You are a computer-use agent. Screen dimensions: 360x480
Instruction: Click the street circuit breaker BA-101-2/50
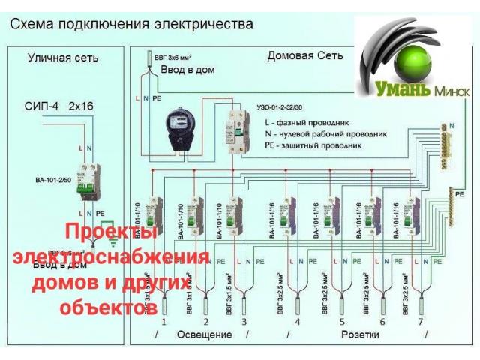point(84,180)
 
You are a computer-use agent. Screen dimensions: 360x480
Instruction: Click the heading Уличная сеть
point(63,58)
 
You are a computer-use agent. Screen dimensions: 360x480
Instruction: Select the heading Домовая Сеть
point(305,55)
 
